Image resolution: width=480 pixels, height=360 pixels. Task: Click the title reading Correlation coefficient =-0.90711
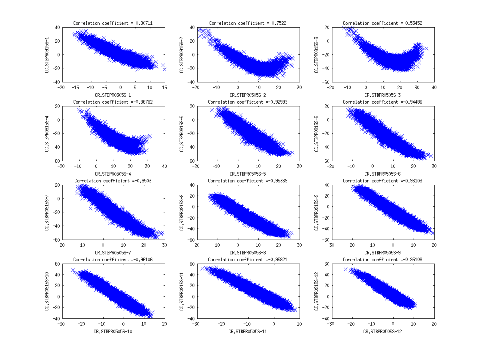point(113,23)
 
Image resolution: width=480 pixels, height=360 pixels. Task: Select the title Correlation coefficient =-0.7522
point(247,23)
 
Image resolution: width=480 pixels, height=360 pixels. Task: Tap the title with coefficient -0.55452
point(382,23)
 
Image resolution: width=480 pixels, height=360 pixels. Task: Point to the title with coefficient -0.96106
point(113,260)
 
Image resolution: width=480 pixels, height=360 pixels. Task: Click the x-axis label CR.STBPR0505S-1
point(113,95)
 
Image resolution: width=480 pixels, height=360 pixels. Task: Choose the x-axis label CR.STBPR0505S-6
point(382,174)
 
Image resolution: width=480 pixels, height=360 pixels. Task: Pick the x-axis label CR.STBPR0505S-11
point(248,332)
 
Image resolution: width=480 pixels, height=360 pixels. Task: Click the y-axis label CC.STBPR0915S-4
point(47,134)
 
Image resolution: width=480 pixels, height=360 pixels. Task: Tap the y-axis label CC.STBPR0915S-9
point(317,213)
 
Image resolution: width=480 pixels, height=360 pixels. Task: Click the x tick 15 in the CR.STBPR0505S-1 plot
point(164,87)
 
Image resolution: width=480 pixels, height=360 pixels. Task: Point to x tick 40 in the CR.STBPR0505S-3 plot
point(434,87)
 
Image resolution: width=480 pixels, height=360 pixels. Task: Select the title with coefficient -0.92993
point(248,102)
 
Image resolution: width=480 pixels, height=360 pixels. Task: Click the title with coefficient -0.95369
point(248,181)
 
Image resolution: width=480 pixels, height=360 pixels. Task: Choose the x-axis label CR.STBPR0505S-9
point(382,253)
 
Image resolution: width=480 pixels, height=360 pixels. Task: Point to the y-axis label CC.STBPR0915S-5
point(182,134)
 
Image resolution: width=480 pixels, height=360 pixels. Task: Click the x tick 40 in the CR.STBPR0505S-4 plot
point(164,166)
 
